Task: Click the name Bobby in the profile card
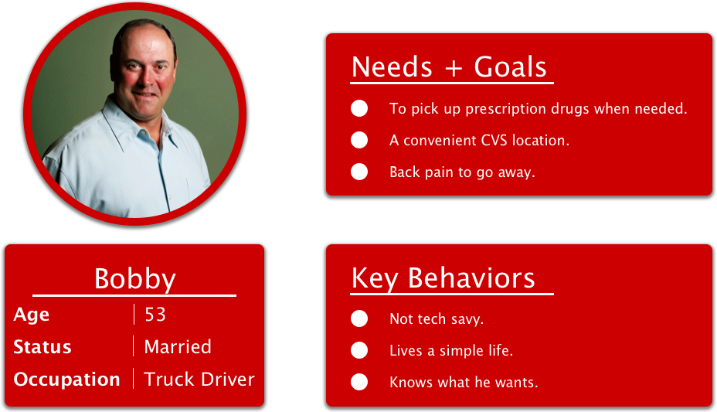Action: tap(134, 279)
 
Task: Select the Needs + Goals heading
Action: tap(449, 67)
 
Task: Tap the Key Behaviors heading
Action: tap(443, 278)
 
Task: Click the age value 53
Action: tap(155, 315)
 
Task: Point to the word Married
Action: tap(178, 347)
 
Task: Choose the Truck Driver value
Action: tap(199, 380)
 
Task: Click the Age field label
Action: tap(32, 315)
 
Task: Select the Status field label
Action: tap(42, 347)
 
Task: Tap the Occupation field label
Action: tap(67, 380)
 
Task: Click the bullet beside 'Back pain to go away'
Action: tap(359, 172)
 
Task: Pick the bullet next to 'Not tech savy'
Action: tap(359, 318)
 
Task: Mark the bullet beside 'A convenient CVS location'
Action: tap(359, 140)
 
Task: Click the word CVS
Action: tap(487, 141)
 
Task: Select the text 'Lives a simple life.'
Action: tap(451, 351)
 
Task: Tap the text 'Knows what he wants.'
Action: tap(464, 383)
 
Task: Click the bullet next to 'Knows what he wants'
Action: tap(359, 382)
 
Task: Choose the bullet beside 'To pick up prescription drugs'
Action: tap(359, 108)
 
